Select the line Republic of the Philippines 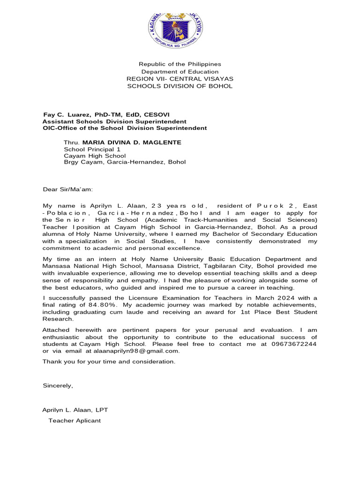(x=180, y=64)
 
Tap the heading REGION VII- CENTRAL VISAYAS (x=180, y=79)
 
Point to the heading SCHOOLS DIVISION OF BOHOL (x=180, y=86)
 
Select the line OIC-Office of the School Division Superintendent (x=125, y=128)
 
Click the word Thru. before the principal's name (x=72, y=142)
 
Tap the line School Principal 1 (x=89, y=150)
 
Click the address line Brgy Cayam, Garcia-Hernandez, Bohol (x=125, y=162)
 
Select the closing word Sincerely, (x=58, y=386)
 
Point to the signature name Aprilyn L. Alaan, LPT (x=75, y=410)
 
